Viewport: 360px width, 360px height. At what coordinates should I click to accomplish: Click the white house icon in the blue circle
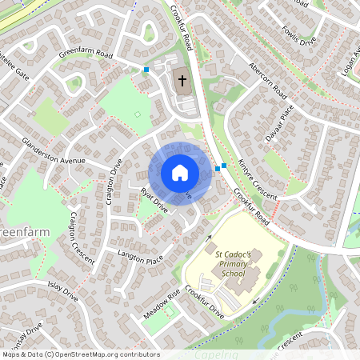(179, 173)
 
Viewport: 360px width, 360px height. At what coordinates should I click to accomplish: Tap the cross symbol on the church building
(182, 80)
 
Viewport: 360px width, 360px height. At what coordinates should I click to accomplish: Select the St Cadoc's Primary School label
(233, 263)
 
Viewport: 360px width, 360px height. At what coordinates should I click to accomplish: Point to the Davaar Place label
(279, 122)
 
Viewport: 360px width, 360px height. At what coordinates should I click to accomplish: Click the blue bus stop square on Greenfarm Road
(146, 70)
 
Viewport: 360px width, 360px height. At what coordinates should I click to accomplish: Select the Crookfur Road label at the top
(182, 26)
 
